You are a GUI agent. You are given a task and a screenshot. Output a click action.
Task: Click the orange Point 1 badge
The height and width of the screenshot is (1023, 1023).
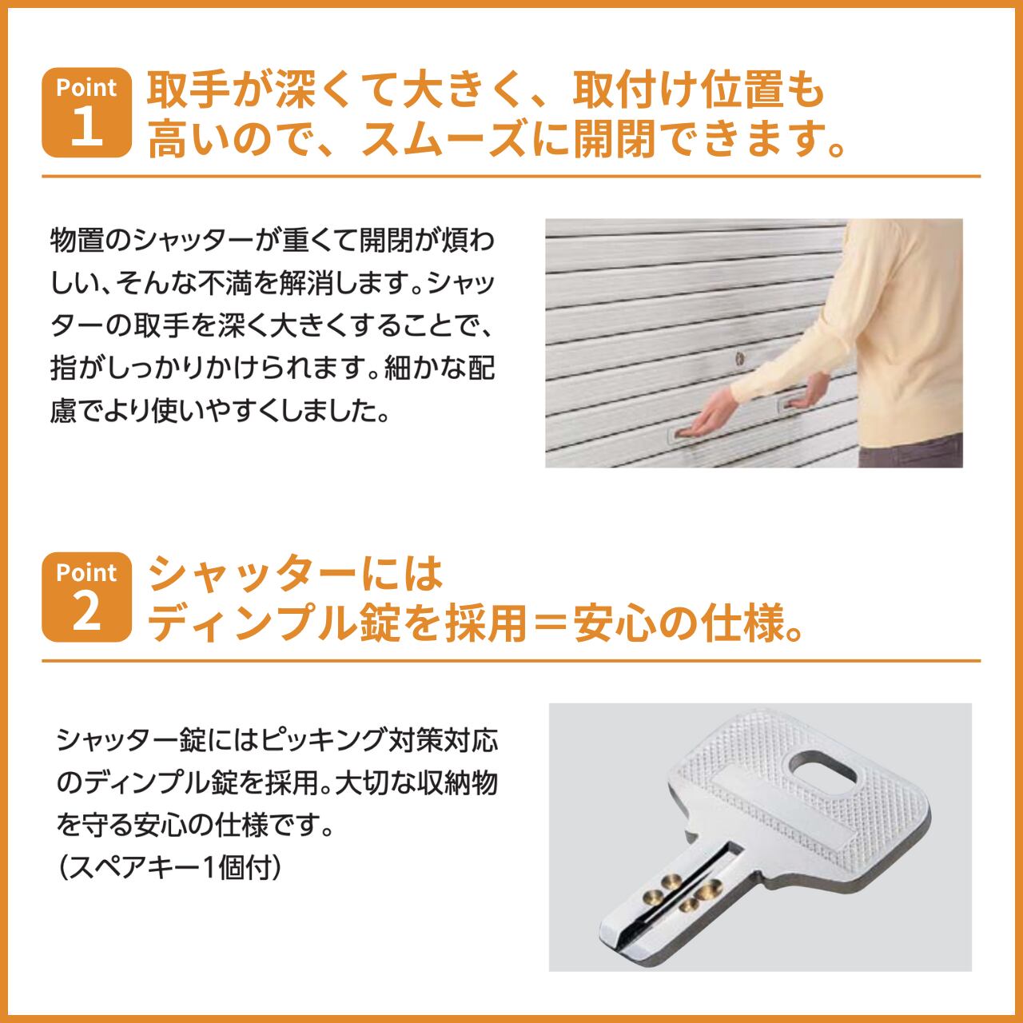[x=86, y=113]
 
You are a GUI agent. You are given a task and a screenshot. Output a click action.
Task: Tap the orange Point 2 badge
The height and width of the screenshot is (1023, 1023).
[x=86, y=597]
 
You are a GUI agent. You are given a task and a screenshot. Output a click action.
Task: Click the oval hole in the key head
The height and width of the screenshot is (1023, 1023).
[x=823, y=773]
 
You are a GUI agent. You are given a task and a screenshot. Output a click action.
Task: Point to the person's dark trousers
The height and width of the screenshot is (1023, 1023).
[x=911, y=451]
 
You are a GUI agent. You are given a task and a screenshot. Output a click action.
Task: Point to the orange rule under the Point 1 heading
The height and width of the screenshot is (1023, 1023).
[x=511, y=177]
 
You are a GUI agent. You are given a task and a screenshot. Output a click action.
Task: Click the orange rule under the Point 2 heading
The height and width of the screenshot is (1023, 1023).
[x=511, y=662]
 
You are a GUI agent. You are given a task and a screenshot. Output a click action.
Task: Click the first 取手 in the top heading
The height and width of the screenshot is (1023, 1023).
[x=189, y=91]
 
